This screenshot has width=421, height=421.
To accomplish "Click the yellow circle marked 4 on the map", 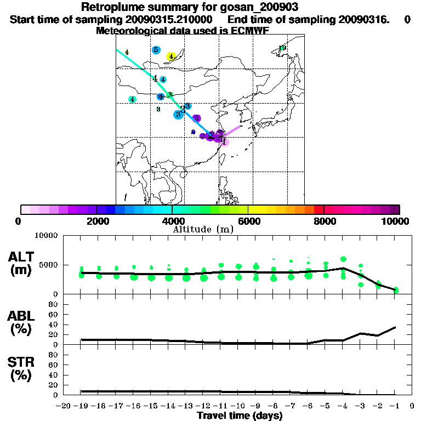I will [x=171, y=56].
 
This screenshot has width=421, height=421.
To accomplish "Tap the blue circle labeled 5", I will [x=156, y=50].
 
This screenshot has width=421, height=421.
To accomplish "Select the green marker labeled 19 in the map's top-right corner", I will [x=282, y=48].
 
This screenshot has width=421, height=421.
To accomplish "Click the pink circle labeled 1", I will [x=224, y=142].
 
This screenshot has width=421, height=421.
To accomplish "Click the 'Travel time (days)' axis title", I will [x=240, y=416].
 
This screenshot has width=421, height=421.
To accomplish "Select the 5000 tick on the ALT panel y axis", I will [x=50, y=265].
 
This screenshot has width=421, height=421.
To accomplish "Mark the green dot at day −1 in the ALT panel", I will [x=395, y=290].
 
